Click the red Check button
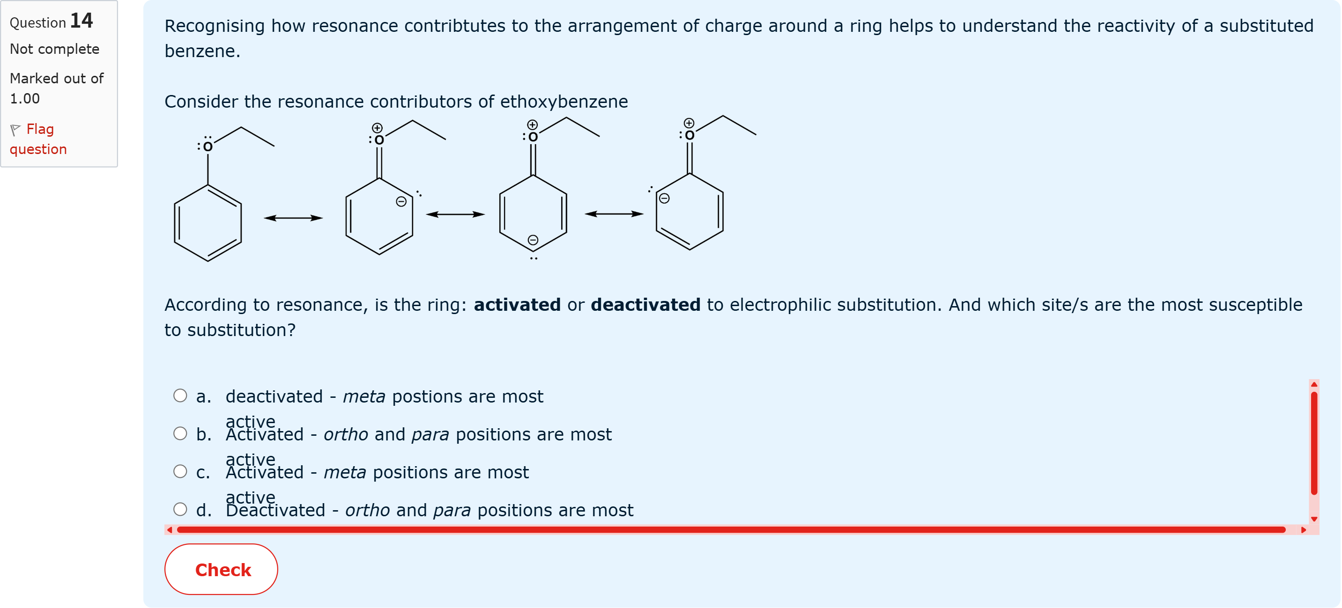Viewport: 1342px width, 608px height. coord(221,569)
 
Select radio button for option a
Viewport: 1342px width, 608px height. coord(180,396)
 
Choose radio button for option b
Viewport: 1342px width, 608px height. coord(180,433)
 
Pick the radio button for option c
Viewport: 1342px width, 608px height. coord(180,472)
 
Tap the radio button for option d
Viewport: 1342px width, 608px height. coord(180,509)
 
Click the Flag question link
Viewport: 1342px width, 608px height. coord(38,139)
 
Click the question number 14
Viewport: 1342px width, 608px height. coord(82,21)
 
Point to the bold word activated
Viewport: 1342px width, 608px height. coord(517,305)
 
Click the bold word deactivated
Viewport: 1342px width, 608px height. coord(645,305)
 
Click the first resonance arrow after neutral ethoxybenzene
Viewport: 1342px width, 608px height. coord(293,218)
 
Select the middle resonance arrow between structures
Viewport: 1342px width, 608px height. coord(455,214)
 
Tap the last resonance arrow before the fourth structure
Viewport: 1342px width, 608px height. coord(614,213)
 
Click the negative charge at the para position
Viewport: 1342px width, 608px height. coord(533,240)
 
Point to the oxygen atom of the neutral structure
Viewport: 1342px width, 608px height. coord(208,147)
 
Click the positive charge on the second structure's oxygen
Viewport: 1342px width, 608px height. coord(377,127)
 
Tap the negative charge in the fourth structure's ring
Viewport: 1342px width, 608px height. coord(664,198)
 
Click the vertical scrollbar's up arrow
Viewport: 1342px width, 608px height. coord(1314,385)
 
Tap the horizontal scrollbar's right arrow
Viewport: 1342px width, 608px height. coord(1304,530)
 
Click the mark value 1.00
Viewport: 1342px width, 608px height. coord(24,98)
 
